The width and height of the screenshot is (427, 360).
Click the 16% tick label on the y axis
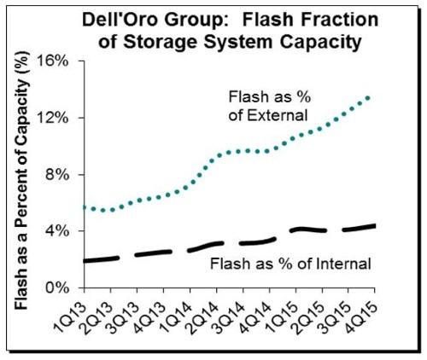(52, 61)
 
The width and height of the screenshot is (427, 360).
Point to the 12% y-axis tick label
(52, 118)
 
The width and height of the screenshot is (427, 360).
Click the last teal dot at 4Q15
(368, 98)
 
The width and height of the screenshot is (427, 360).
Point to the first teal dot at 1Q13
(85, 208)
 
